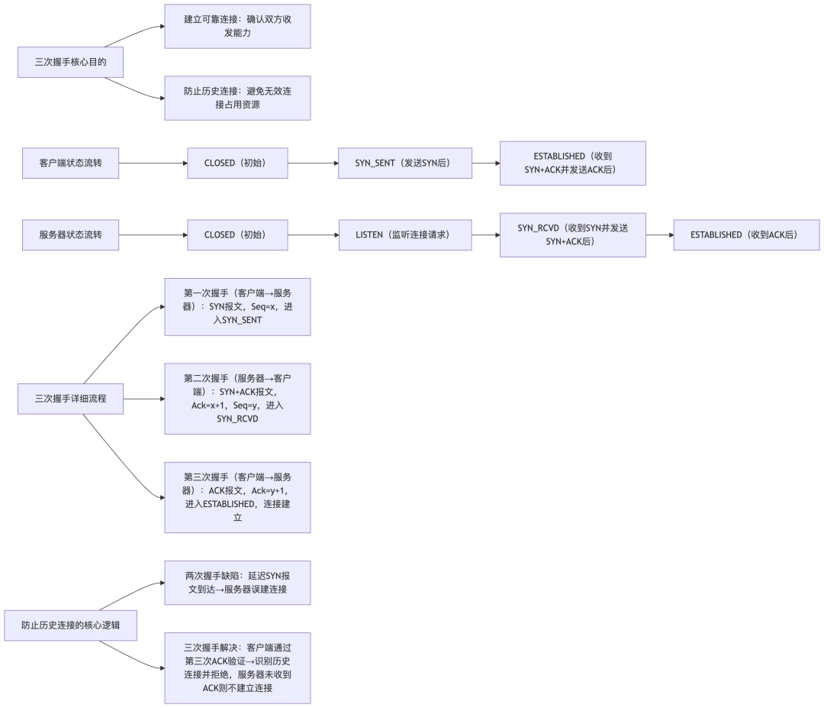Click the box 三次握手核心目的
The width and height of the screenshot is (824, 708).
[70, 63]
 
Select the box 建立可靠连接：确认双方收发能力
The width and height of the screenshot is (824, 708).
[237, 27]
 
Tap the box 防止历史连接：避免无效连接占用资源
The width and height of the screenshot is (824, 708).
[237, 98]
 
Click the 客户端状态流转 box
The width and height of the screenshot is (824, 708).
[70, 163]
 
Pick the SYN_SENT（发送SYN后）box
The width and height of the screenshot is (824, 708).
[405, 163]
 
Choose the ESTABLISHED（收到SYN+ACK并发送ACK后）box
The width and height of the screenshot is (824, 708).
[572, 163]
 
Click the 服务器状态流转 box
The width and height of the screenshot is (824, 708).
[70, 234]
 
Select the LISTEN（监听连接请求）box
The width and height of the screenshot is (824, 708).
[405, 234]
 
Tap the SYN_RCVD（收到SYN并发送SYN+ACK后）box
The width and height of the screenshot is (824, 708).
[572, 234]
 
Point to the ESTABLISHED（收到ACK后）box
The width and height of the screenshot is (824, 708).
[745, 234]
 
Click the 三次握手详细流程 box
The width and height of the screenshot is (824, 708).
[70, 399]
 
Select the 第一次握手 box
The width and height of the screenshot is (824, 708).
[237, 306]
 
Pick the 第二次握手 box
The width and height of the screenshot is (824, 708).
[237, 399]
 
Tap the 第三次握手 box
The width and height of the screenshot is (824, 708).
[237, 497]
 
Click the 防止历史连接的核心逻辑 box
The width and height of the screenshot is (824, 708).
[70, 625]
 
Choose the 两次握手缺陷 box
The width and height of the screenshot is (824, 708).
[237, 583]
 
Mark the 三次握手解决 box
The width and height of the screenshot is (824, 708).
[237, 668]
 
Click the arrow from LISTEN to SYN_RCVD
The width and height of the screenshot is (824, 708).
[485, 234]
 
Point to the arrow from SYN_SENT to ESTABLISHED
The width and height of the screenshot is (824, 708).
[485, 163]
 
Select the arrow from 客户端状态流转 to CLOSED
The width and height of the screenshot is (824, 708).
[153, 163]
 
